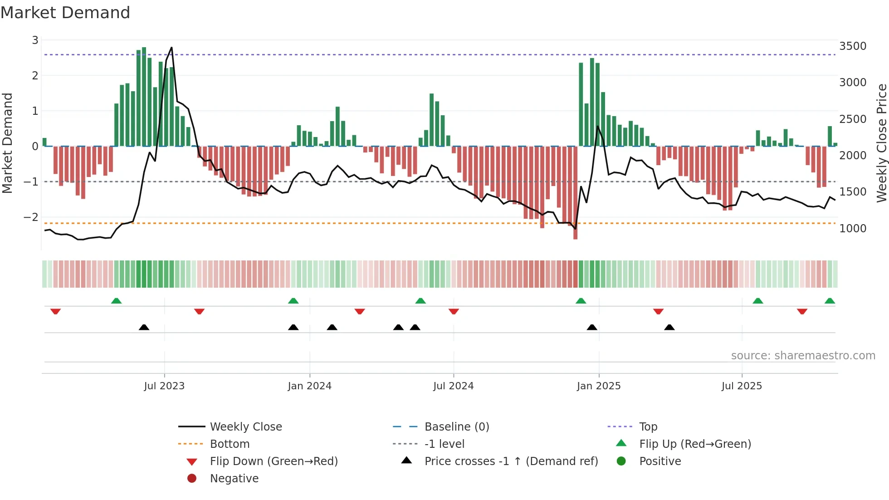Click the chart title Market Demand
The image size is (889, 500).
pos(65,13)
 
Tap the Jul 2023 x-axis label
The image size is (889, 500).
pos(164,386)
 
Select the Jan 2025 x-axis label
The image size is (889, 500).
pos(599,386)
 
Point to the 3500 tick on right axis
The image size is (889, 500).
pos(853,46)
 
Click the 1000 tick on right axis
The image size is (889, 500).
pos(853,229)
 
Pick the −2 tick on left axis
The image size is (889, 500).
pos(31,217)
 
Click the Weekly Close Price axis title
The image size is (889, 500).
pos(881,143)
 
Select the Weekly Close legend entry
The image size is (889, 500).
pos(245,427)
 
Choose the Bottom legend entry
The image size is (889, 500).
pos(230,444)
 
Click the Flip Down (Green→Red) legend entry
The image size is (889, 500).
pos(274,461)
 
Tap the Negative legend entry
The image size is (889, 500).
pos(234,479)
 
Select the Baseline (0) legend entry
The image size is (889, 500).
pos(456,427)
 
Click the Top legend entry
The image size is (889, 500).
pos(648,427)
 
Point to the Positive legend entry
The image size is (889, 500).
pos(660,461)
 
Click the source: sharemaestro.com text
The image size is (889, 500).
pos(803,356)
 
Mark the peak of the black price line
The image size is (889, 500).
pos(171,48)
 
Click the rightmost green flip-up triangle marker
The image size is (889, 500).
pos(830,301)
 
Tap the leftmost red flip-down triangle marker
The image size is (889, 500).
pos(56,311)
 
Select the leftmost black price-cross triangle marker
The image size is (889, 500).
pos(144,327)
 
